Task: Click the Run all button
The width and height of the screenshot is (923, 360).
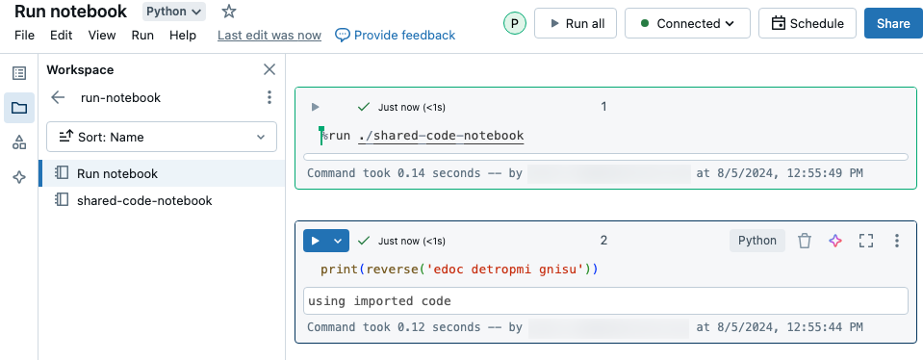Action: point(576,24)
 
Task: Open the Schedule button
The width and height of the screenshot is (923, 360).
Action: point(807,24)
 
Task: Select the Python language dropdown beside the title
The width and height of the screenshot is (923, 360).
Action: point(174,12)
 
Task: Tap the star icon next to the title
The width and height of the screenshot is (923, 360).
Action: point(229,12)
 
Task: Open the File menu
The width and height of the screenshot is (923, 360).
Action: point(25,36)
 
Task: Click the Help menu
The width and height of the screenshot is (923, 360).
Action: point(183,36)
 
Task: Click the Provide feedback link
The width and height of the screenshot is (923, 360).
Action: point(396,36)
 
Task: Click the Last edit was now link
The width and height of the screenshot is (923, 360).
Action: point(269,36)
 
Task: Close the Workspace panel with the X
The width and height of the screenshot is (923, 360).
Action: point(269,69)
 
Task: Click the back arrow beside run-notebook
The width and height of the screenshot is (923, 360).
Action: point(59,97)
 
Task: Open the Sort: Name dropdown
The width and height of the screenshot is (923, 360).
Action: point(162,137)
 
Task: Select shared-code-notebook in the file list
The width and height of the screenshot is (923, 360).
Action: point(144,200)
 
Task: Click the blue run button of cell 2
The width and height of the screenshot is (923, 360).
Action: point(316,241)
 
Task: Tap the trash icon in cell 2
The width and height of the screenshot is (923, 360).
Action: point(806,241)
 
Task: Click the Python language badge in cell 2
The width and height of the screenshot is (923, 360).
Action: point(757,241)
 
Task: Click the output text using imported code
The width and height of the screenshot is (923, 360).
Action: point(379,301)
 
